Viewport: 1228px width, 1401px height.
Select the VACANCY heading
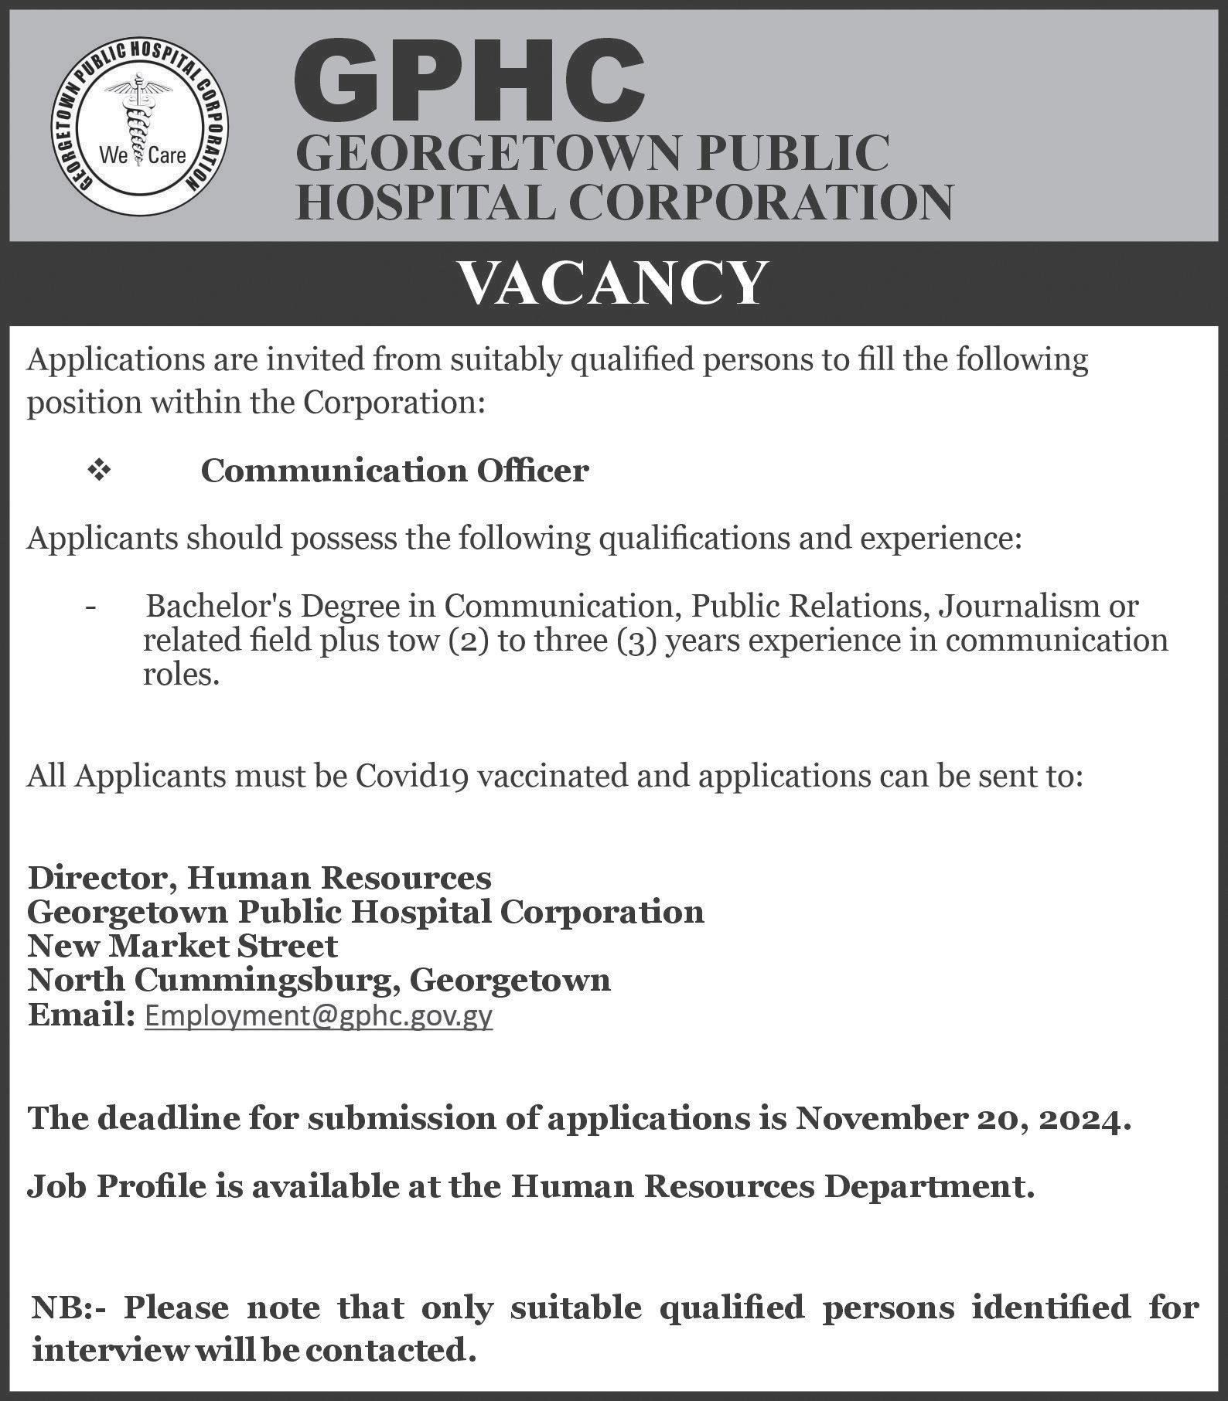coord(613,283)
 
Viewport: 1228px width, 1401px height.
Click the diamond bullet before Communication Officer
coord(99,470)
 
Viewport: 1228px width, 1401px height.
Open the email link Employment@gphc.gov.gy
coord(319,1015)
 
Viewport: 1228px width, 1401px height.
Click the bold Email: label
coord(81,1015)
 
